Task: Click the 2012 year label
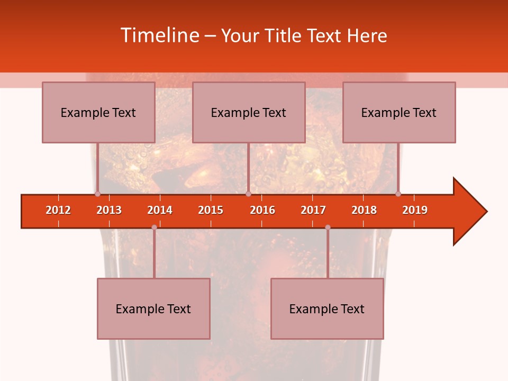pyautogui.click(x=58, y=210)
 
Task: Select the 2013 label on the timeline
pyautogui.click(x=109, y=210)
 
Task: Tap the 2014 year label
pyautogui.click(x=160, y=210)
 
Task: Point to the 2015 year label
pyautogui.click(x=211, y=210)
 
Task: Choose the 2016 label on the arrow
pyautogui.click(x=262, y=210)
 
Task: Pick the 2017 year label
pyautogui.click(x=313, y=210)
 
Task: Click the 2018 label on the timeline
pyautogui.click(x=364, y=210)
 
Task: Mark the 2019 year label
pyautogui.click(x=415, y=210)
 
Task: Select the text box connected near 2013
pyautogui.click(x=98, y=112)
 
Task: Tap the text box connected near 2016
pyautogui.click(x=249, y=112)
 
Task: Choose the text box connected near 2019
pyautogui.click(x=399, y=112)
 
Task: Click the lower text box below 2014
pyautogui.click(x=153, y=309)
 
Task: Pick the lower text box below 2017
pyautogui.click(x=327, y=309)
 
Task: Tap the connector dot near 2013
pyautogui.click(x=97, y=194)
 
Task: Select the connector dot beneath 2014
pyautogui.click(x=154, y=228)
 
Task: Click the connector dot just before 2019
pyautogui.click(x=398, y=194)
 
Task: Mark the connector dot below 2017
pyautogui.click(x=328, y=228)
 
